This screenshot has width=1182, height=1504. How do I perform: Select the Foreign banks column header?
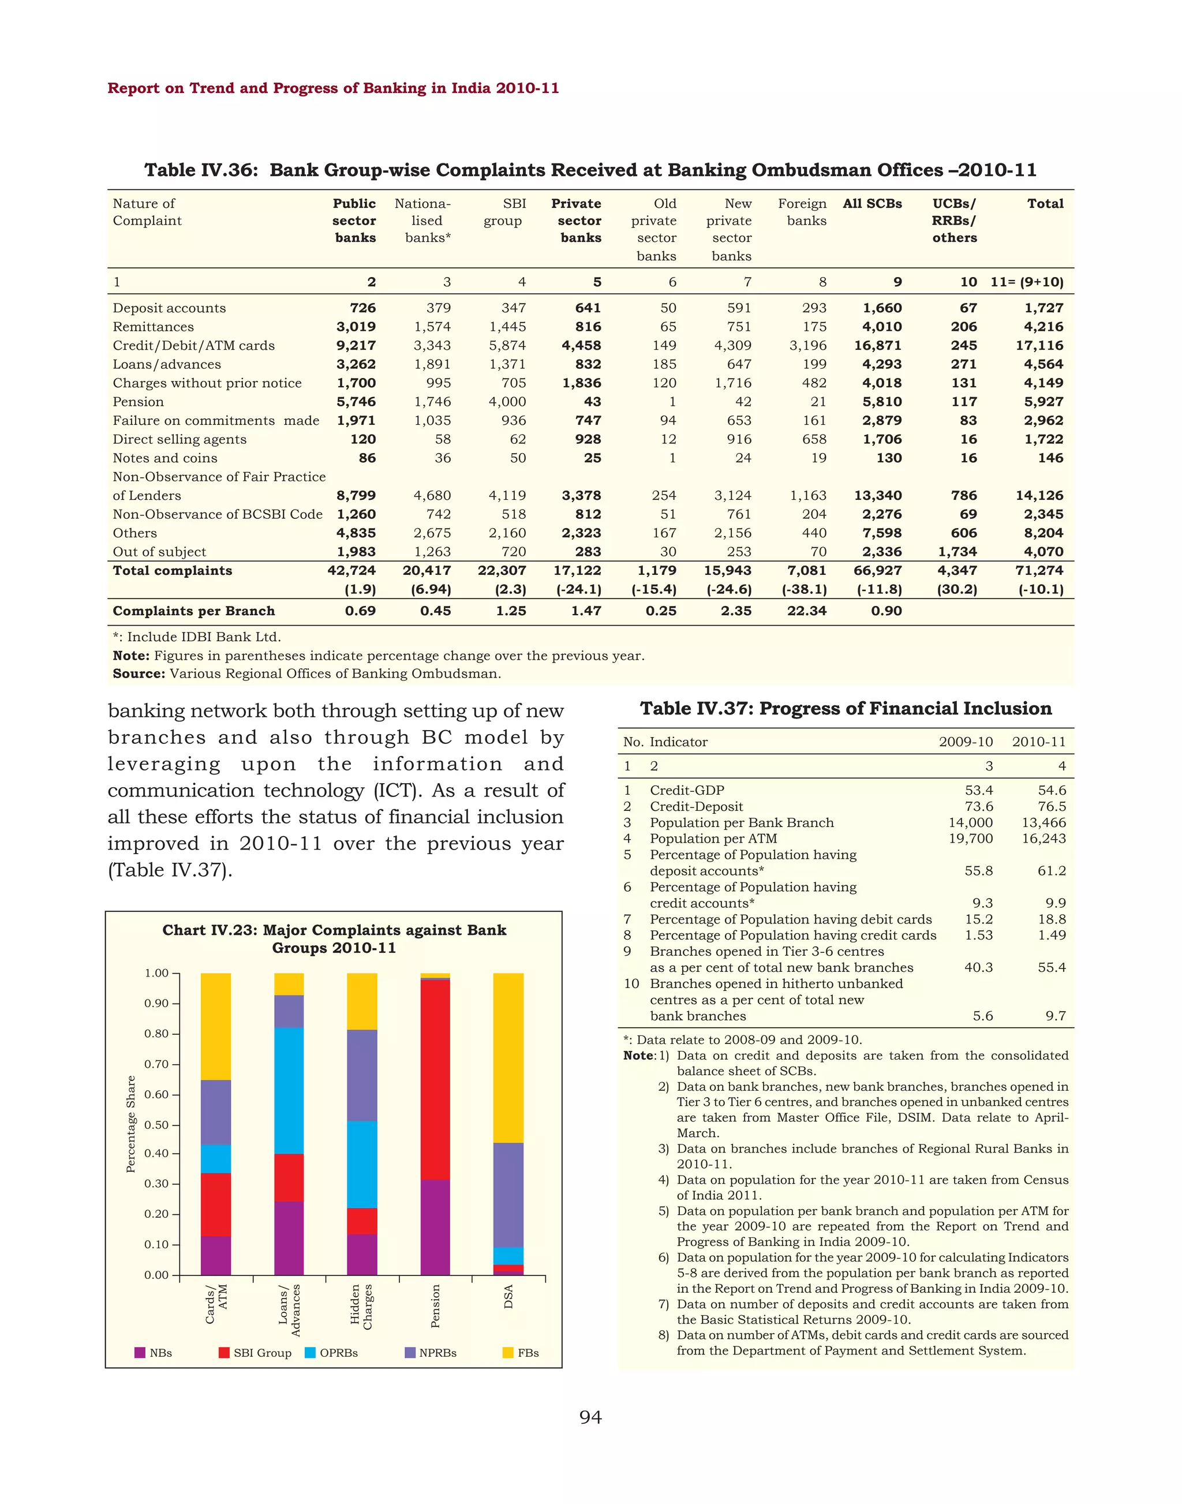point(803,212)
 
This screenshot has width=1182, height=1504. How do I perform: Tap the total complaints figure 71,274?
point(1040,570)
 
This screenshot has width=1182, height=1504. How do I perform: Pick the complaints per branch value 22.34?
point(806,611)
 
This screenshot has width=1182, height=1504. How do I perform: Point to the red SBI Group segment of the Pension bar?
point(435,1079)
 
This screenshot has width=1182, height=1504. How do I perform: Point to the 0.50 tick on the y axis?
point(157,1125)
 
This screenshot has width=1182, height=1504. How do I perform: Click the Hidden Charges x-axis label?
point(362,1306)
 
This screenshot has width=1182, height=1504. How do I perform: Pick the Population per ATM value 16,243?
point(1043,838)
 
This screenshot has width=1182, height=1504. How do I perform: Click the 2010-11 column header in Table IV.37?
point(1038,741)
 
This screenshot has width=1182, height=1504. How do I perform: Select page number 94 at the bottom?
point(590,1417)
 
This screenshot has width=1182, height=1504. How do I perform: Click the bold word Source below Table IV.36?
point(139,674)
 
